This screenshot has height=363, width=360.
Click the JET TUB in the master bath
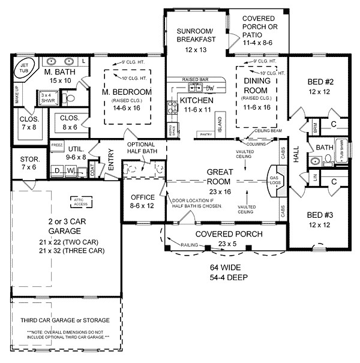[x=25, y=68]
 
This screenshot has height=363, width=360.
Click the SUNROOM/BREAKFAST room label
[x=196, y=35]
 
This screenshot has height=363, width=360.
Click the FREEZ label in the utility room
[x=57, y=145]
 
